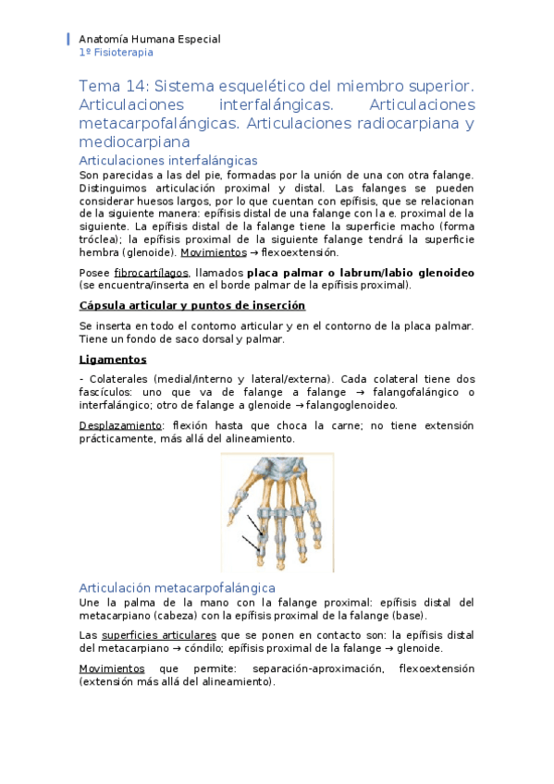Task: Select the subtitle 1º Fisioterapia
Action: coord(117,53)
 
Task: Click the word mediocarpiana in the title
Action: coord(134,142)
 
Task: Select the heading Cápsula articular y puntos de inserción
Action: coord(192,306)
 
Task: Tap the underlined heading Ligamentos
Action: coord(113,359)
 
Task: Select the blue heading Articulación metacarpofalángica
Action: coord(177,587)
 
